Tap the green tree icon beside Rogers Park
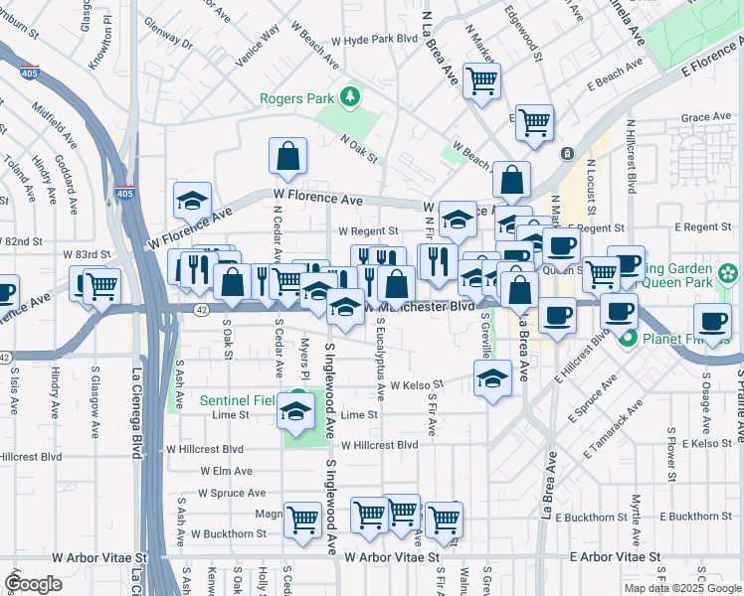point(349,97)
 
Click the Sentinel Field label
point(236,401)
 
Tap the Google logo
point(33,583)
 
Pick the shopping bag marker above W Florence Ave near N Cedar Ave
point(287,157)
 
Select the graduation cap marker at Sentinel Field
point(295,411)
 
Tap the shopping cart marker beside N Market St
point(482,81)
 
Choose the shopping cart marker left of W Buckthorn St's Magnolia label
point(302,520)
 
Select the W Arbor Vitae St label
point(393,558)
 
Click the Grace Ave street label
point(707,117)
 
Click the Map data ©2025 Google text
point(681,588)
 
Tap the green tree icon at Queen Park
point(728,271)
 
